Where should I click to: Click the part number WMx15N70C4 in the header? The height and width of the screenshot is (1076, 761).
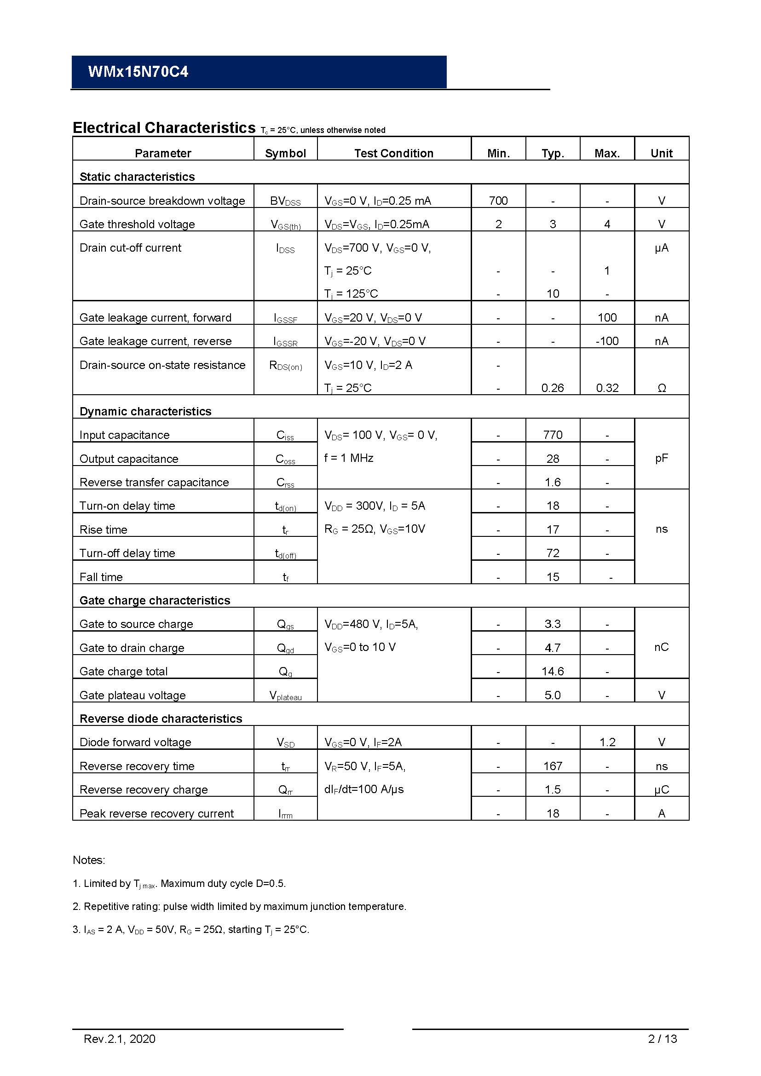[x=138, y=72]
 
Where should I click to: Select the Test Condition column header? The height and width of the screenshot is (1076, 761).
[x=394, y=153]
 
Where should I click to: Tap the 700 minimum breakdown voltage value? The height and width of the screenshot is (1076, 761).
[x=498, y=201]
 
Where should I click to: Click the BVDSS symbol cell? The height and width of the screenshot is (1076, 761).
[x=285, y=201]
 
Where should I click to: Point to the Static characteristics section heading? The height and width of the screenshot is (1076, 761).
[x=137, y=177]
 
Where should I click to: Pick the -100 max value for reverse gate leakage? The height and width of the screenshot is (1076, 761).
[x=607, y=341]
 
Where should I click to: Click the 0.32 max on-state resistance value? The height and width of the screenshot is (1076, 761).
[x=607, y=387]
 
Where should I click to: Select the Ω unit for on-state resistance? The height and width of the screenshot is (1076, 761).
[x=661, y=387]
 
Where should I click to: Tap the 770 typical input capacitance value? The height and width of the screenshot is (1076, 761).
[x=553, y=434]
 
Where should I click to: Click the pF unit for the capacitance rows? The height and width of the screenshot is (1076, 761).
[x=661, y=458]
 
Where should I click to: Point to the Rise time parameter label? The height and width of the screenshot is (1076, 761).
[x=104, y=529]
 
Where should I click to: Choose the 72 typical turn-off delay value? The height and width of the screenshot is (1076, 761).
[x=553, y=553]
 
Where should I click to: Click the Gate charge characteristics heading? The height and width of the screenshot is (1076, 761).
[x=155, y=600]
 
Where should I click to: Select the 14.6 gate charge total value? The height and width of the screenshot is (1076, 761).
[x=553, y=671]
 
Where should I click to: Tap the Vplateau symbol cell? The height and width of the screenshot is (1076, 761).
[x=285, y=696]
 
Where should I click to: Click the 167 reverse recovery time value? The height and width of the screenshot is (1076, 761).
[x=553, y=766]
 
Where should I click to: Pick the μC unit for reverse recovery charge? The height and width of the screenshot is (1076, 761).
[x=661, y=789]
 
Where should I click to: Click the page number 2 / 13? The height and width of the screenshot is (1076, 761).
[x=662, y=1039]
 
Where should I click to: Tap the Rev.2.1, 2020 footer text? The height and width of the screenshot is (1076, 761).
[x=120, y=1039]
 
